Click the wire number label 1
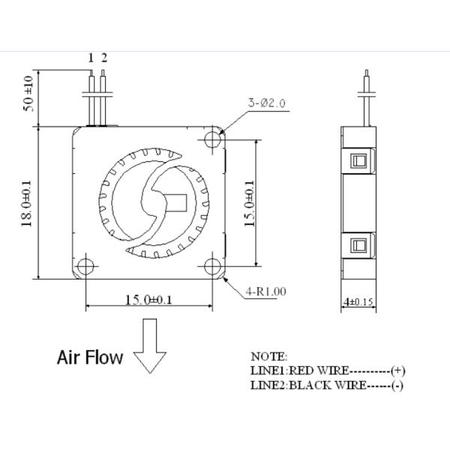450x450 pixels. click(91, 58)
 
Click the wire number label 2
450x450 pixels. click(104, 58)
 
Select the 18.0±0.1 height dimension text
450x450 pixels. click(26, 202)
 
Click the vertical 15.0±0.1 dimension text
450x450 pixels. click(250, 202)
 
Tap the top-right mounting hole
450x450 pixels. click(213, 139)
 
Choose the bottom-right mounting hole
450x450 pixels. click(213, 266)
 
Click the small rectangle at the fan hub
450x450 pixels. click(179, 202)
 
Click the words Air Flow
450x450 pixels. click(90, 357)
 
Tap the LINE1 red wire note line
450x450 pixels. click(328, 370)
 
